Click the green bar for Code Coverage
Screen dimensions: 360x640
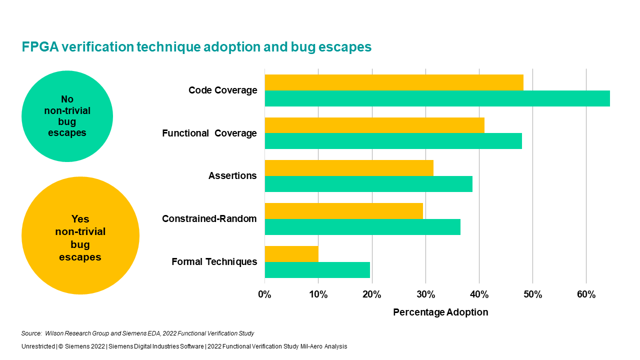click(437, 98)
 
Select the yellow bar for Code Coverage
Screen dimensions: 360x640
click(394, 82)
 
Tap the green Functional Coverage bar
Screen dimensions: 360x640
click(393, 141)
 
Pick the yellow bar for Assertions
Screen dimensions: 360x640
click(349, 168)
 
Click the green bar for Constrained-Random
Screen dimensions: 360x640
click(362, 227)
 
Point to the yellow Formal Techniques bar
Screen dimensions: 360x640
click(291, 253)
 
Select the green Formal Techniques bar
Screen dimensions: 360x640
click(317, 270)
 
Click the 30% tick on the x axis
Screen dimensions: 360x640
click(425, 294)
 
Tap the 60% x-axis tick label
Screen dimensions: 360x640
click(586, 294)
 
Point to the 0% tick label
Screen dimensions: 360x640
click(264, 294)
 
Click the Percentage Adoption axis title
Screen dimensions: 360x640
click(440, 312)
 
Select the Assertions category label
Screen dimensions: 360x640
click(232, 175)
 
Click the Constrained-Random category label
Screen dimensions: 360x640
click(209, 218)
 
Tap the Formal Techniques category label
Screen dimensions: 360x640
click(214, 261)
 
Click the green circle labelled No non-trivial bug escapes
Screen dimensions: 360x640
click(67, 116)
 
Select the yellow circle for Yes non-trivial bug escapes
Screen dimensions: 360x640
click(80, 235)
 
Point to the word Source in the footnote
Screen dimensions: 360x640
click(31, 333)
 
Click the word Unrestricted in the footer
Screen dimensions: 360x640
click(38, 346)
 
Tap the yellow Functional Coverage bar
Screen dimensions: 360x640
click(374, 125)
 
